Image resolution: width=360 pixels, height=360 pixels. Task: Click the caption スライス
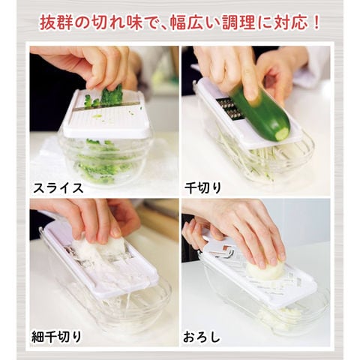click(x=58, y=187)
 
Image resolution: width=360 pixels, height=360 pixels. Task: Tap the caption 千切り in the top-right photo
click(x=202, y=187)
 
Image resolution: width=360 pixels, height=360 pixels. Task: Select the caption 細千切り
click(x=57, y=337)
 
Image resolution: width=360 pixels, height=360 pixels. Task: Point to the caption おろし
click(x=202, y=337)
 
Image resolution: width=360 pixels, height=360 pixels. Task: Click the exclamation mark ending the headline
click(x=316, y=23)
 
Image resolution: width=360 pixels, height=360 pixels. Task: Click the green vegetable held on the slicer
click(x=112, y=96)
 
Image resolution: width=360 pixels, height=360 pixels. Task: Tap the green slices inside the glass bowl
click(x=103, y=160)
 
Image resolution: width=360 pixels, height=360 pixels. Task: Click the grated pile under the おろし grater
click(x=280, y=316)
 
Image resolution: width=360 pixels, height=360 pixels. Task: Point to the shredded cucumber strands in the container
click(x=253, y=160)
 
